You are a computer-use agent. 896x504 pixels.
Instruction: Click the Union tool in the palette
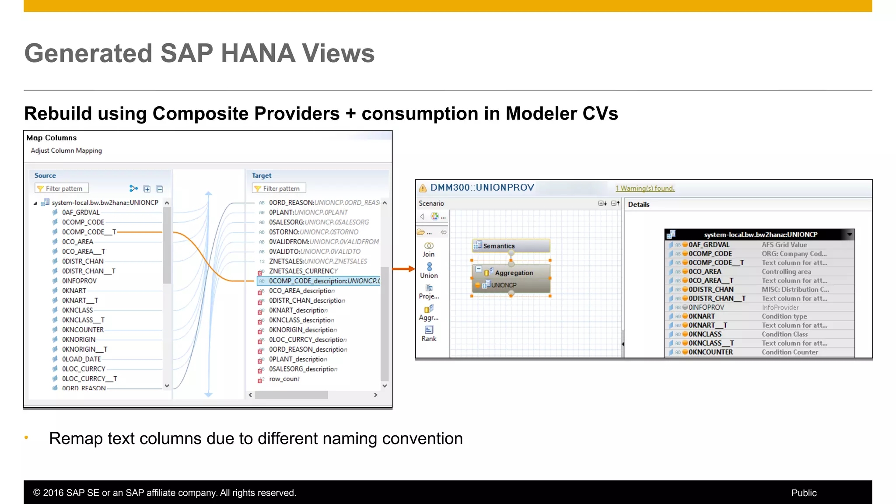tap(429, 270)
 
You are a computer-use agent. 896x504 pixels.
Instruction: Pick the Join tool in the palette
tap(429, 249)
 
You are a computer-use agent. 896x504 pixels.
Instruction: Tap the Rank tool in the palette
tap(429, 334)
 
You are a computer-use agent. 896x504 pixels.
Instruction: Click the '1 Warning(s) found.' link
tap(645, 189)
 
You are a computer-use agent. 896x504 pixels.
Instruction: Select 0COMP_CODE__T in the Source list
tap(89, 232)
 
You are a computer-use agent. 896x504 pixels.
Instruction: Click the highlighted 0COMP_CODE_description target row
tap(324, 281)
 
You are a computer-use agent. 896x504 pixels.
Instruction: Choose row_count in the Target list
tap(284, 379)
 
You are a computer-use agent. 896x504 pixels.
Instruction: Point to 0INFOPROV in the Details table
tap(706, 308)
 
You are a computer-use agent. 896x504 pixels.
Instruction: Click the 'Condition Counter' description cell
tap(790, 352)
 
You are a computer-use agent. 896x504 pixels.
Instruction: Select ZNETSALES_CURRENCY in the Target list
tap(303, 271)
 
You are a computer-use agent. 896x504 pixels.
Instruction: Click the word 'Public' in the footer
tap(804, 493)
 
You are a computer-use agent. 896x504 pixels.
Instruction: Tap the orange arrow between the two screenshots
tap(403, 269)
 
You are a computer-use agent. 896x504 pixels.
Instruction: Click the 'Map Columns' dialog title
tap(52, 138)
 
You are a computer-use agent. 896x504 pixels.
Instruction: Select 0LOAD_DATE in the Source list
tap(81, 359)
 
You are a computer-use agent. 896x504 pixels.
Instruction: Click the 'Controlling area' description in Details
tap(786, 272)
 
